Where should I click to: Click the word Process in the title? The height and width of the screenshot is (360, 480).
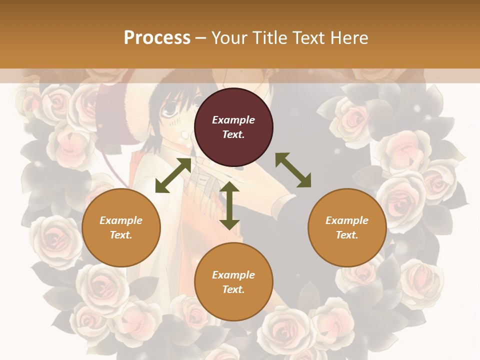pyautogui.click(x=157, y=38)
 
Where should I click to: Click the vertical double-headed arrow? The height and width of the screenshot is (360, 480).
pyautogui.click(x=229, y=205)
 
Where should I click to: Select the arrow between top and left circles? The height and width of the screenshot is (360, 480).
pyautogui.click(x=173, y=175)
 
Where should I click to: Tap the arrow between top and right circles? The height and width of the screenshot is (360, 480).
pyautogui.click(x=293, y=170)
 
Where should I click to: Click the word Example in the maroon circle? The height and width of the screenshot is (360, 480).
pyautogui.click(x=233, y=120)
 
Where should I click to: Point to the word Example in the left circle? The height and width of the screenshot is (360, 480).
pyautogui.click(x=121, y=220)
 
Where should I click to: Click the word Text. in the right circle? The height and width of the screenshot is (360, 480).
pyautogui.click(x=347, y=235)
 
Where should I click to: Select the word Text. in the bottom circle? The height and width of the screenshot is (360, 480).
pyautogui.click(x=233, y=289)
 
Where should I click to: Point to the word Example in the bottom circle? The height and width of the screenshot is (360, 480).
pyautogui.click(x=233, y=275)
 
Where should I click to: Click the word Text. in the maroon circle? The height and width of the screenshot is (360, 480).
pyautogui.click(x=233, y=134)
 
